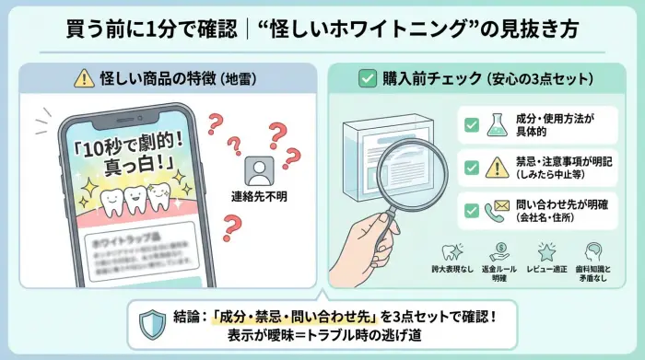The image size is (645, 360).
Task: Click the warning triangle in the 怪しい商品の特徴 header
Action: click(x=83, y=79)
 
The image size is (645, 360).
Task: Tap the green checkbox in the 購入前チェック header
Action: click(x=367, y=79)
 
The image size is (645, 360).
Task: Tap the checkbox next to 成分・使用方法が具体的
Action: click(x=472, y=124)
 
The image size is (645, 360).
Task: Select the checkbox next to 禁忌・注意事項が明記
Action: click(x=472, y=168)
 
